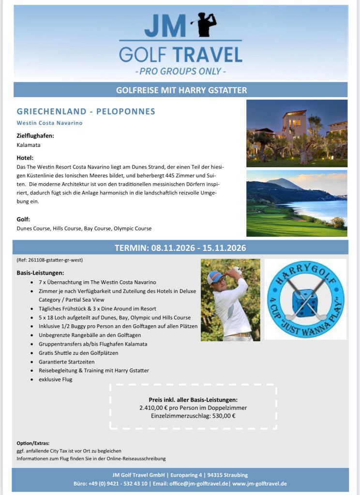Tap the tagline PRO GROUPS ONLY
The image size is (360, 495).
[180, 72]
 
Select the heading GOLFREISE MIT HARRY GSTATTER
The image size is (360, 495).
[181, 90]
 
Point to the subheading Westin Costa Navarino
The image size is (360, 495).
[49, 123]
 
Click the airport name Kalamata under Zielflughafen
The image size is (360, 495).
[29, 145]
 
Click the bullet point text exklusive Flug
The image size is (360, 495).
[55, 379]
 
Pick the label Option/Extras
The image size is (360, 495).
[33, 443]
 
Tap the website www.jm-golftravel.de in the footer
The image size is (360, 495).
[260, 483]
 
